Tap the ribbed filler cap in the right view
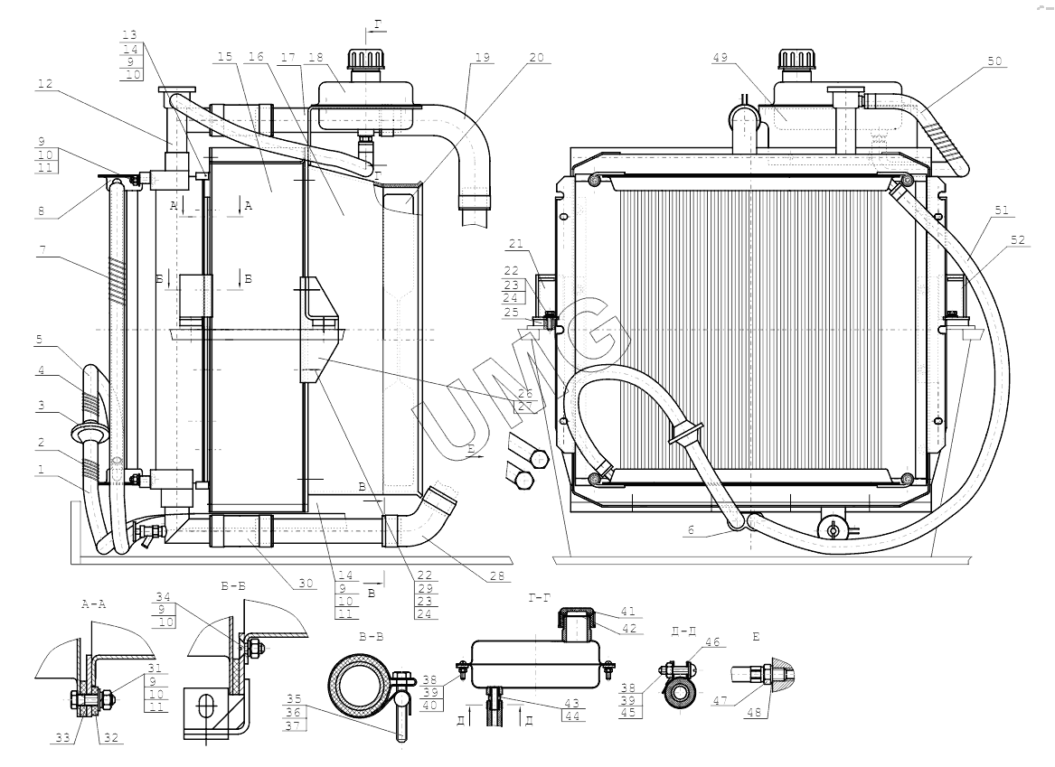pos(795,61)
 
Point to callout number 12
pos(46,86)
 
